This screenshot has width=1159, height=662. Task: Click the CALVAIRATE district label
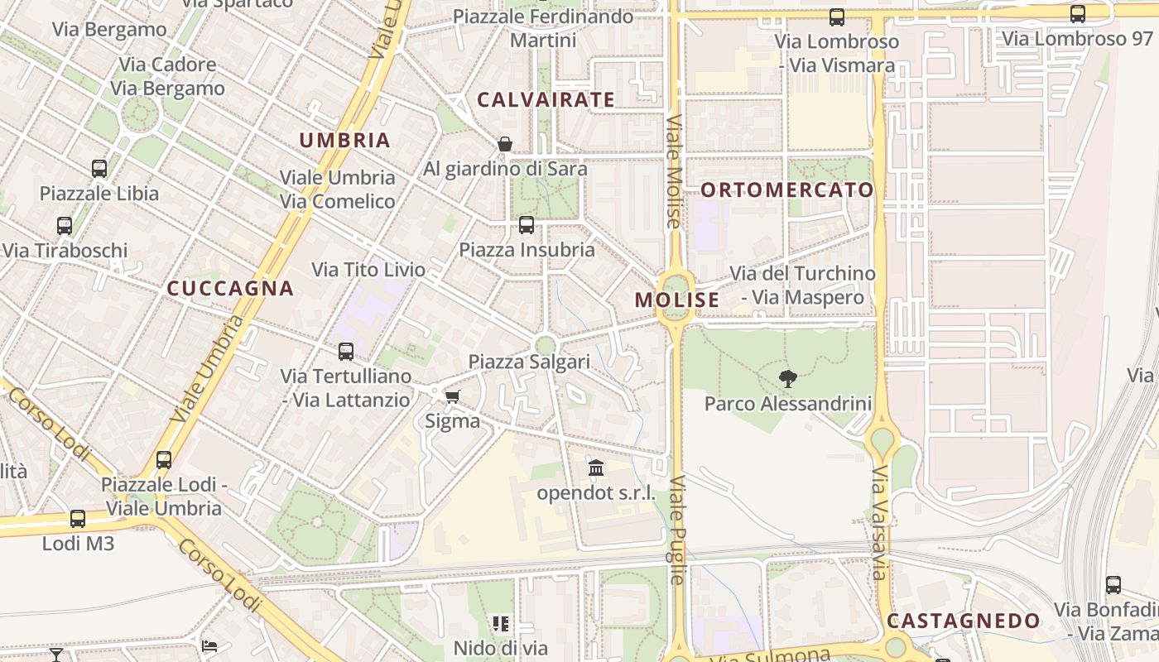[546, 100]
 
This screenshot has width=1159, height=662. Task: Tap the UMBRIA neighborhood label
[344, 140]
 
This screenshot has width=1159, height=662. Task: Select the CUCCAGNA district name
[230, 288]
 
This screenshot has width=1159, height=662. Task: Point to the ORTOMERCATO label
[787, 189]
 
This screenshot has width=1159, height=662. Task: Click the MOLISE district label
[677, 300]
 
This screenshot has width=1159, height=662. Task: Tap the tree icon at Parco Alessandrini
[788, 379]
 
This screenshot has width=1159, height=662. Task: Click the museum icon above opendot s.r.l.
[596, 468]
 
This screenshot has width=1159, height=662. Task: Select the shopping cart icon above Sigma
[452, 396]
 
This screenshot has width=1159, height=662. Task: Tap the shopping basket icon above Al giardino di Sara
[505, 144]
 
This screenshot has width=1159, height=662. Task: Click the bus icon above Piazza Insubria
[527, 224]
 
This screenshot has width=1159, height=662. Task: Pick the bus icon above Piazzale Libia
[99, 169]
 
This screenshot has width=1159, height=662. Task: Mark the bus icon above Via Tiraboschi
[65, 225]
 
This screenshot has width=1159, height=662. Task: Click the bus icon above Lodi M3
[78, 519]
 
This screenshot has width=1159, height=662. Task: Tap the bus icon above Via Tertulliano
[346, 351]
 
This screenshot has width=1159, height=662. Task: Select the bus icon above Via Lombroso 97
[1077, 13]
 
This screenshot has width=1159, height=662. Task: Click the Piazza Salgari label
[529, 362]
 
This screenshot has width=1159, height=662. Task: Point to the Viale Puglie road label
[677, 530]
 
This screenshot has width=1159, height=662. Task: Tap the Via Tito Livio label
[368, 270]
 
